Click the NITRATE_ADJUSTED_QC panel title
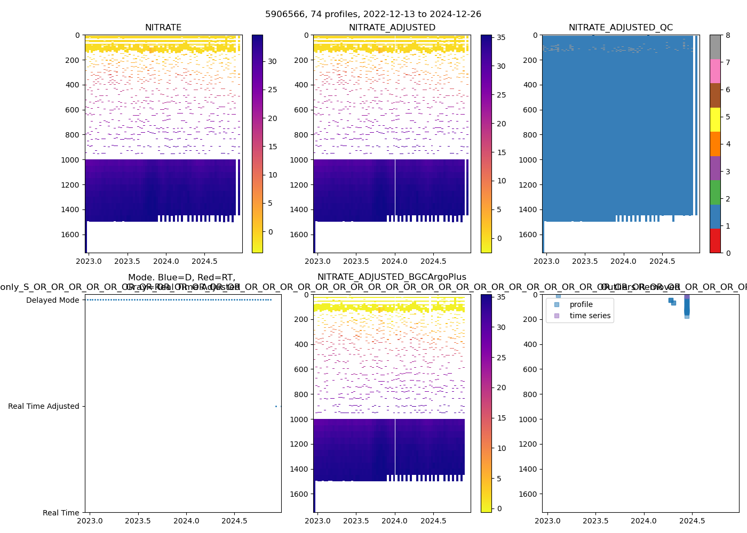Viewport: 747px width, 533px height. (621, 27)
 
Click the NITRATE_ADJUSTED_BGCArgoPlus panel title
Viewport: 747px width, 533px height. (392, 277)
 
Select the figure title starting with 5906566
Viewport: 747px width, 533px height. (373, 14)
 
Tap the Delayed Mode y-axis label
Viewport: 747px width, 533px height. (52, 300)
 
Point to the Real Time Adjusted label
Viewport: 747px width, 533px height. (43, 406)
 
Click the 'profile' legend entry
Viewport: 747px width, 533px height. (581, 304)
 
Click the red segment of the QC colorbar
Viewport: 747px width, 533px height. (715, 240)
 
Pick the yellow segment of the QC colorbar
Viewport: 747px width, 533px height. (715, 119)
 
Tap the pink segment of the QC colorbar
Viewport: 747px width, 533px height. (715, 71)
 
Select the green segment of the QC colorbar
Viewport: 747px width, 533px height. (715, 192)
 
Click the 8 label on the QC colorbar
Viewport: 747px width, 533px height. (728, 35)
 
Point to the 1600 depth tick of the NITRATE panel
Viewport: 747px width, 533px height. (70, 235)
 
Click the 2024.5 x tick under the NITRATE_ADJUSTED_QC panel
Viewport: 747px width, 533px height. (662, 261)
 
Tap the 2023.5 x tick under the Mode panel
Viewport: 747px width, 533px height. (138, 521)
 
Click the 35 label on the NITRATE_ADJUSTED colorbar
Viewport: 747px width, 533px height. (502, 37)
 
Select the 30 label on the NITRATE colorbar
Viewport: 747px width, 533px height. (273, 61)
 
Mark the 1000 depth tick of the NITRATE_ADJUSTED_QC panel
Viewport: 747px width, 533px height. (530, 160)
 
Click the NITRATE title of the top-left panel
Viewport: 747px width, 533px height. (163, 27)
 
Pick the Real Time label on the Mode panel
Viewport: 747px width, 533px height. (61, 513)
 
